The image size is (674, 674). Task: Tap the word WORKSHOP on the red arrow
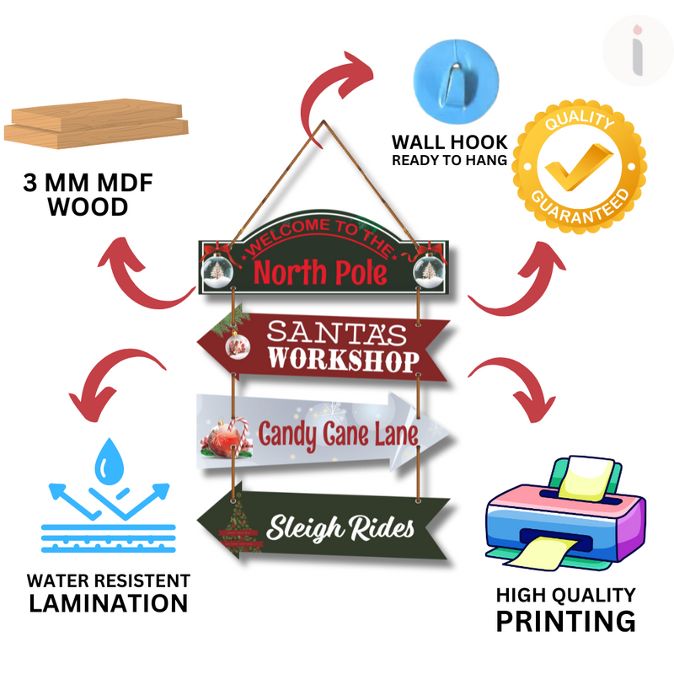[343, 360]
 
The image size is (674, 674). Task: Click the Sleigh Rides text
[340, 528]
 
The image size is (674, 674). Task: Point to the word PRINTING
[564, 622]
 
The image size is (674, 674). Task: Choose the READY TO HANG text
[449, 159]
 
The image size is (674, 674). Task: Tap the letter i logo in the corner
[637, 49]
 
